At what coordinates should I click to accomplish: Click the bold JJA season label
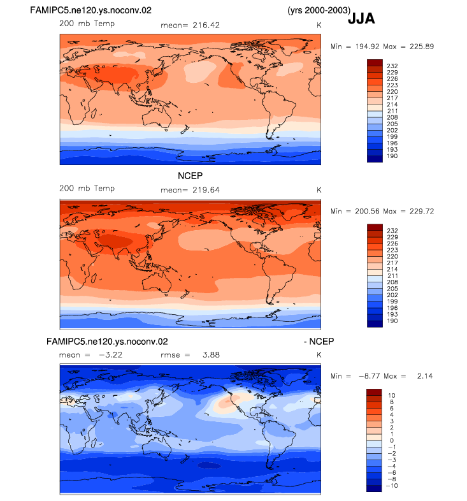(x=361, y=18)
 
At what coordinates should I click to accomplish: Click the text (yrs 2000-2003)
(x=319, y=10)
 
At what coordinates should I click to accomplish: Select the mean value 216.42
(x=206, y=25)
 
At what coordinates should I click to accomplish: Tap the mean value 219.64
(x=206, y=190)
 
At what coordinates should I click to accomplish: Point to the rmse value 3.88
(x=211, y=355)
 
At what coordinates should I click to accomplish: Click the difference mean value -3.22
(x=110, y=355)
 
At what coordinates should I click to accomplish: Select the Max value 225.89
(x=422, y=47)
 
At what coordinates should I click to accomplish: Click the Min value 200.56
(x=367, y=212)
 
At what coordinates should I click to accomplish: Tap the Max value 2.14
(x=425, y=376)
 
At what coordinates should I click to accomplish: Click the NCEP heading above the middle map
(x=190, y=176)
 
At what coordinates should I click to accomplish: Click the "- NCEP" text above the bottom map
(x=319, y=342)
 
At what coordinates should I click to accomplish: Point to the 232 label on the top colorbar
(x=392, y=66)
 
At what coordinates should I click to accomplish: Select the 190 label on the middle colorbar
(x=392, y=321)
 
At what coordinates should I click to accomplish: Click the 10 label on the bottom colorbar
(x=392, y=396)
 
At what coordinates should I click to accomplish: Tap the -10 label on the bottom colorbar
(x=392, y=486)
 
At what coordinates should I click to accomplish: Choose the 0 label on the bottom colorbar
(x=392, y=440)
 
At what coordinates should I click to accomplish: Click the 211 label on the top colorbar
(x=392, y=111)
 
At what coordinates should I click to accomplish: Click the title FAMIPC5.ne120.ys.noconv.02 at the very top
(x=90, y=10)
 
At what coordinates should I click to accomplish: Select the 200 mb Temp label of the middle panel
(x=87, y=189)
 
